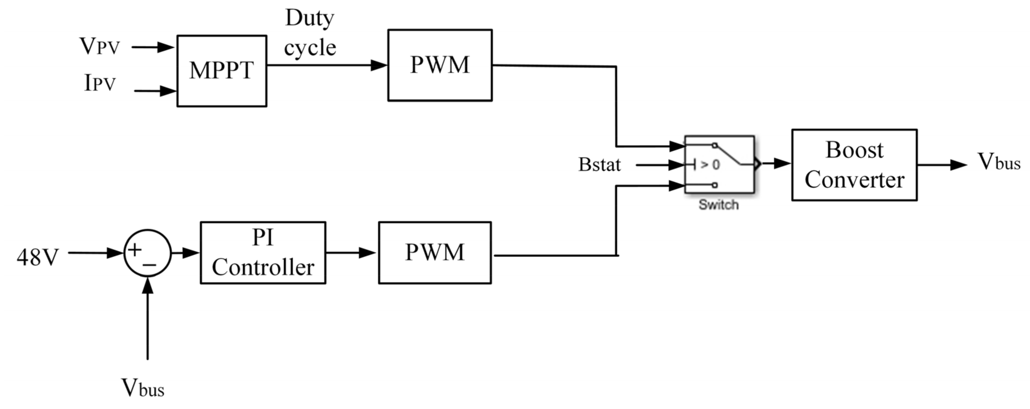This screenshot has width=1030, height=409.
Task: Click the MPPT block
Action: pos(221,71)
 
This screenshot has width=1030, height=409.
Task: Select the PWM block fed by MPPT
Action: pos(439,65)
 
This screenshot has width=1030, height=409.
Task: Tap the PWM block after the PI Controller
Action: pos(435,253)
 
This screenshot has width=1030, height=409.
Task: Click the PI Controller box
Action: pos(263,253)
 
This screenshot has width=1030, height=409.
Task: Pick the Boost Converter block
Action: pos(854,164)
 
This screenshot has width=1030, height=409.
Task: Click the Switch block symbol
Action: pos(719,164)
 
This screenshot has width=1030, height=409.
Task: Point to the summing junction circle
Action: pos(147,253)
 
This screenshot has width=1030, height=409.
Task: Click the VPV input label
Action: pos(100,47)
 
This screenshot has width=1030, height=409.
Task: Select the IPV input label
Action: pos(100,83)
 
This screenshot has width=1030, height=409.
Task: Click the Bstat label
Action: pos(599,164)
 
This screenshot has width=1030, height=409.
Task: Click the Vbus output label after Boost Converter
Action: pos(998,162)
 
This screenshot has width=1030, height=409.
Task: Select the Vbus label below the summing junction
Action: pos(143,388)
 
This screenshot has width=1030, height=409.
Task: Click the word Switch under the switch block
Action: pos(718,205)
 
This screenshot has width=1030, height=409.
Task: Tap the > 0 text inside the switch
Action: pos(710,164)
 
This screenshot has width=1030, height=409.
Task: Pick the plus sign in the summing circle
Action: pos(134,250)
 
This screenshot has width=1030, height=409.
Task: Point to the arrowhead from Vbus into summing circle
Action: pos(147,285)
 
